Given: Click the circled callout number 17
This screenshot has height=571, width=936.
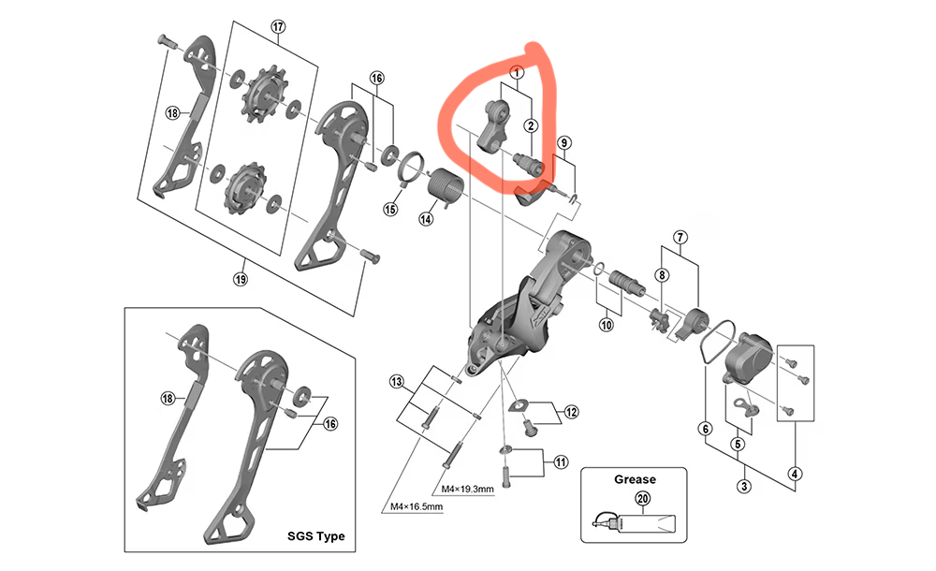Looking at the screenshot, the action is click(x=278, y=27).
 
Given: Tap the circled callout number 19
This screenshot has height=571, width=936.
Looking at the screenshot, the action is click(x=240, y=279).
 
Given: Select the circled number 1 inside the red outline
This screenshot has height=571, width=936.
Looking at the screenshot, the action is click(x=517, y=73).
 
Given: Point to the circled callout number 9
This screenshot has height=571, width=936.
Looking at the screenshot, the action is click(x=564, y=142).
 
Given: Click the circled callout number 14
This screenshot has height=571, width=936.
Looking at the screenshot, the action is click(x=426, y=219).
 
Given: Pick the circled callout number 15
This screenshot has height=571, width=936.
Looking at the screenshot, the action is click(x=390, y=209).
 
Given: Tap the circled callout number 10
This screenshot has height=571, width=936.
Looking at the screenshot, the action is click(x=607, y=325).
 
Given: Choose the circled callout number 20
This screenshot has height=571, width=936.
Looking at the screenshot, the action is click(x=642, y=498).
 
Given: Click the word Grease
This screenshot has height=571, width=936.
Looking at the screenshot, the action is click(x=635, y=479).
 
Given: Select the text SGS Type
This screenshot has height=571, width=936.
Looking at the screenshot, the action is click(x=315, y=535).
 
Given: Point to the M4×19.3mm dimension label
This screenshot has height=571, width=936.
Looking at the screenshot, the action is click(x=467, y=490).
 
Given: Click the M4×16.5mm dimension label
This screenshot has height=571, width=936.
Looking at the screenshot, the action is click(x=417, y=506).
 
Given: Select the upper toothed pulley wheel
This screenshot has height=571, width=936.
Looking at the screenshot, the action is click(x=265, y=96).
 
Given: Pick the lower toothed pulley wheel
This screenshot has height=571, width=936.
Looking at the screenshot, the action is click(x=246, y=188).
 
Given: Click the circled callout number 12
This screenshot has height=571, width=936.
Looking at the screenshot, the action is click(x=571, y=412).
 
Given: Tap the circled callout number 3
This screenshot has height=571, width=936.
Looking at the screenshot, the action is click(x=743, y=486).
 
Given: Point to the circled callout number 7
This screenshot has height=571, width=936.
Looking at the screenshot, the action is click(x=680, y=237).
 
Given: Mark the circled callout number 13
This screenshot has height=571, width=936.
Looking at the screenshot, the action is click(x=396, y=382).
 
